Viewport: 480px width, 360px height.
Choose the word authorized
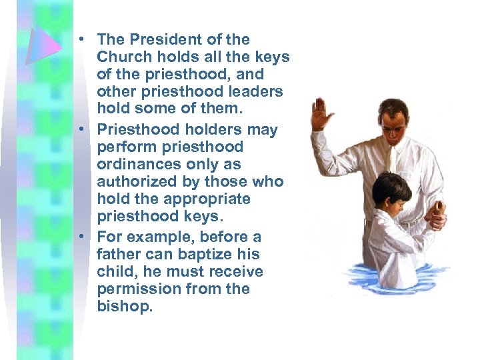coord(137,181)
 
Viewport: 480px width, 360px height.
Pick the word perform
coord(123,147)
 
